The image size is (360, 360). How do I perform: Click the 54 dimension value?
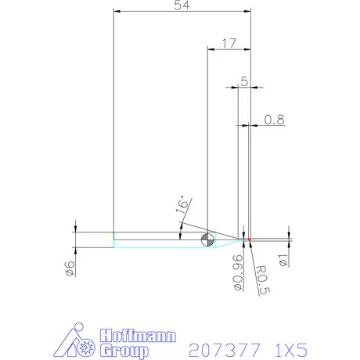pos(181,5)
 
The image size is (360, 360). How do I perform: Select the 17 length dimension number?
pos(228,43)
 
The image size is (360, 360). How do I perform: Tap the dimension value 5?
pos(244,81)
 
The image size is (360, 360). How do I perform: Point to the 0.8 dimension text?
pos(274,119)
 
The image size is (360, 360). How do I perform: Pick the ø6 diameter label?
pos(70,267)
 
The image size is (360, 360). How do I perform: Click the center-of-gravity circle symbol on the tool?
pos(208,240)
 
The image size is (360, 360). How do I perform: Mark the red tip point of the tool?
pos(249,239)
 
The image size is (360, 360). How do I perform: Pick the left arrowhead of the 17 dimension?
pos(210,49)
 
